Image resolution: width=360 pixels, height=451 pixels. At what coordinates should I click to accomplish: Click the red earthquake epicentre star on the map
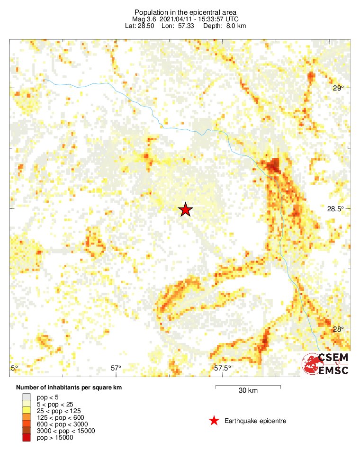(x=186, y=210)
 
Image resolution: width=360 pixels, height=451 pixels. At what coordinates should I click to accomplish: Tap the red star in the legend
(x=214, y=421)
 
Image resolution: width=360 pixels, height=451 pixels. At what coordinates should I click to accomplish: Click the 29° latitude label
(x=338, y=88)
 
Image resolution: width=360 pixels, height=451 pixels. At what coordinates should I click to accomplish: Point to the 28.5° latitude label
(x=335, y=209)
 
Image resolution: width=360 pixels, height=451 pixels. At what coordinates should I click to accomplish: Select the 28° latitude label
(x=338, y=329)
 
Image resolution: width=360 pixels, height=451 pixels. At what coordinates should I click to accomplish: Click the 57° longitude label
(x=116, y=368)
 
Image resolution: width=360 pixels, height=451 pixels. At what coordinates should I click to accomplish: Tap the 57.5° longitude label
(x=223, y=368)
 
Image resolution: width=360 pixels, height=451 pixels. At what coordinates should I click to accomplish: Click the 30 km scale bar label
(x=248, y=391)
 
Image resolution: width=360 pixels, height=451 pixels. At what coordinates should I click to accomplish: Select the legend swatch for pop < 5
(x=26, y=397)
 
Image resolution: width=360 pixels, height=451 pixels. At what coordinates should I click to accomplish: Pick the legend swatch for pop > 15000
(x=26, y=438)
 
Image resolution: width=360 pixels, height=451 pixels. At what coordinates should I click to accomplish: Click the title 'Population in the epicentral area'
(x=185, y=12)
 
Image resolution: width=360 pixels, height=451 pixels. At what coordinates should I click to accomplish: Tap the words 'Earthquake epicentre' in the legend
(x=255, y=421)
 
